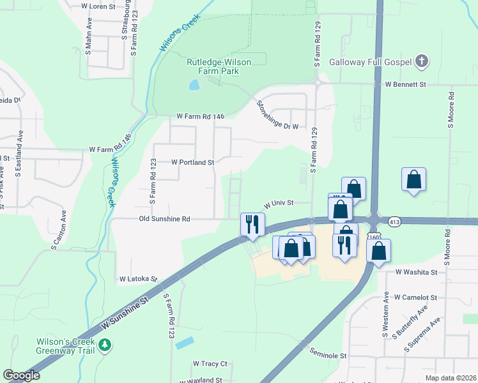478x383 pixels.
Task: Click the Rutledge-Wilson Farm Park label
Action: (x=219, y=66)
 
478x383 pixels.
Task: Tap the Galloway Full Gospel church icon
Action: (x=421, y=62)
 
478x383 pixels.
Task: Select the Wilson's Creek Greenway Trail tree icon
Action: (x=105, y=345)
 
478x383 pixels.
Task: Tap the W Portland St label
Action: (x=192, y=162)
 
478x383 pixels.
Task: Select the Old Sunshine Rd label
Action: (x=165, y=219)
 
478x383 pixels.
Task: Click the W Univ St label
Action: (x=278, y=203)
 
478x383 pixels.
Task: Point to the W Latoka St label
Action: (x=138, y=279)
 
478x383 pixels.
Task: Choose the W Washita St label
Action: (x=415, y=272)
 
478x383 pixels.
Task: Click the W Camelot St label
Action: (x=415, y=297)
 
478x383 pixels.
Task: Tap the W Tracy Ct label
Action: (x=210, y=364)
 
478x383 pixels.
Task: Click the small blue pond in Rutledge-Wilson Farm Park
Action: (x=194, y=84)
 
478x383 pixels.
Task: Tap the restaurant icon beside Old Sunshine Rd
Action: (x=252, y=224)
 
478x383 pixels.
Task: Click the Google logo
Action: (x=21, y=375)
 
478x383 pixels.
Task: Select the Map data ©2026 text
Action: (x=450, y=378)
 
